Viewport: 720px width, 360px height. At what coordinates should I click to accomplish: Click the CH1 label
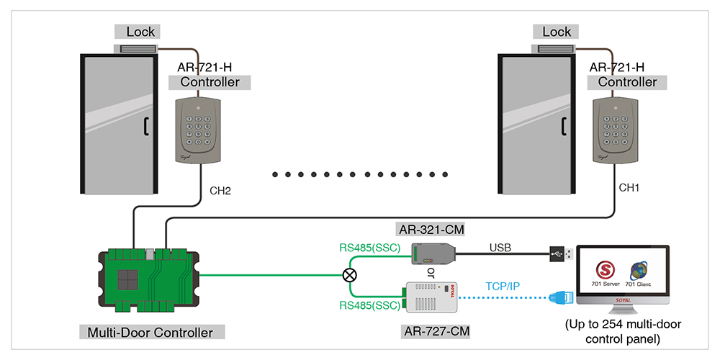pos(630,187)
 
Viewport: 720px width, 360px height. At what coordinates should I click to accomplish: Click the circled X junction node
pos(350,274)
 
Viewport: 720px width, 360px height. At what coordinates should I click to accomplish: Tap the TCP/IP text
pos(499,286)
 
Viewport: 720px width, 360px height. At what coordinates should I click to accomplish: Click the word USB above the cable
pos(500,248)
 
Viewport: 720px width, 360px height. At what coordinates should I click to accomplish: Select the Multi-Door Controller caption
pos(150,332)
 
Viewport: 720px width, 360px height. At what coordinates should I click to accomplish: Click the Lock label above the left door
pos(140,32)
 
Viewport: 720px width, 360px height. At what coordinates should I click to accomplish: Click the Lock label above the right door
pos(557,32)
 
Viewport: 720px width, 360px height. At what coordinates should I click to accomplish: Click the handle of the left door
pos(145,126)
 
